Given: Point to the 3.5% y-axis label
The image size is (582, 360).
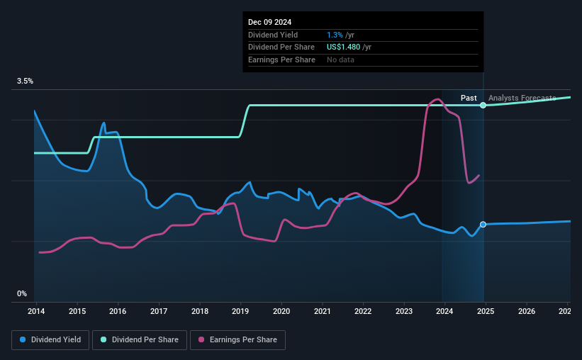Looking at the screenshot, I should coord(25,81).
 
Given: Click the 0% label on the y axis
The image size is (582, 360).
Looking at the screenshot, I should coord(22,293).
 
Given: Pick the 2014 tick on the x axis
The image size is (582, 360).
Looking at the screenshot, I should coord(36,311).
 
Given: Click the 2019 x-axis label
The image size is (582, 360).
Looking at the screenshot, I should coord(240,311).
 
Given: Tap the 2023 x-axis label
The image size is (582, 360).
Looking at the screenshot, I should coord(404,311).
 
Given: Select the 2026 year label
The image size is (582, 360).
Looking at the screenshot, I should coord(527,311).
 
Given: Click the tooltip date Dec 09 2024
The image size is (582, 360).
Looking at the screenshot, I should coord(270,22).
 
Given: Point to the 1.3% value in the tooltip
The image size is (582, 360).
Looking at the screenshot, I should coord(335,35).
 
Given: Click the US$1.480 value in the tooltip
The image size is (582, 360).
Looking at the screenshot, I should coord(344,47).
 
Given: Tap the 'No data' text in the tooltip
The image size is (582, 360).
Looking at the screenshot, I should coord(340,60).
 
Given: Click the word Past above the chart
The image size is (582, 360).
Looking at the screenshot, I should coord(469,98).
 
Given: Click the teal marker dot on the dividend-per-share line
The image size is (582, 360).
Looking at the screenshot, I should coord(483,105).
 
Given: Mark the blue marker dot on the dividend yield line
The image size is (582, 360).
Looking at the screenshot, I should coord(483,225).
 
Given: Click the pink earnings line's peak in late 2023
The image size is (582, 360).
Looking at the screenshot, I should coord(437,99).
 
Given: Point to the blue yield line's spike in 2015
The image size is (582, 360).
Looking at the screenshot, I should coord(103,123).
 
